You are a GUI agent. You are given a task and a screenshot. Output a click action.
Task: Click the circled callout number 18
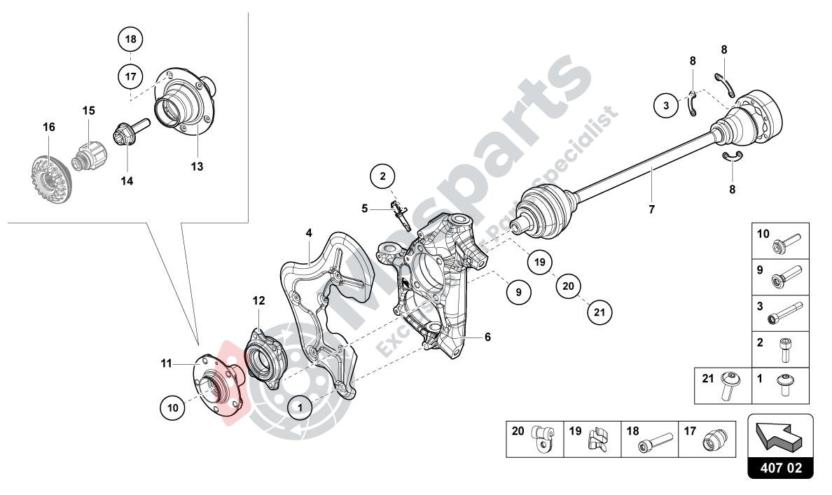(131, 40)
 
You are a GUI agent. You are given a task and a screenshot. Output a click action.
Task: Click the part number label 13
(197, 167)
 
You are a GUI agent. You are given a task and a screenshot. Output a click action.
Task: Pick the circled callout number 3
(666, 106)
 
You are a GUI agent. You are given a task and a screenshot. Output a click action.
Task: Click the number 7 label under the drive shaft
(651, 209)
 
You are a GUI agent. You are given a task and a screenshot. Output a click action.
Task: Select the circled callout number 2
(383, 176)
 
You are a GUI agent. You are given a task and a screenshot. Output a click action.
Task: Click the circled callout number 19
(537, 263)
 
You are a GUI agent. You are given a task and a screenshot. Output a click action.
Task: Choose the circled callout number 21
(598, 312)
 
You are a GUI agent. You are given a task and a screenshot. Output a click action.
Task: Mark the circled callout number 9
(518, 293)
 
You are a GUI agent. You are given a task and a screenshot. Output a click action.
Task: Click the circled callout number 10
(173, 406)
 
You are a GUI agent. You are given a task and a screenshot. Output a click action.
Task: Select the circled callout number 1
(300, 405)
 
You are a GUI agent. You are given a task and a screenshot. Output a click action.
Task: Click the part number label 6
(487, 337)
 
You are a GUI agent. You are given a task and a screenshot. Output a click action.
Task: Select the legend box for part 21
(723, 385)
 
